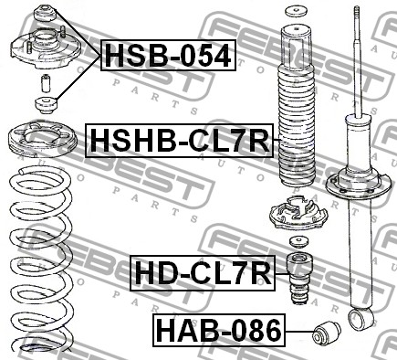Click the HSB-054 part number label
pyautogui.click(x=168, y=56)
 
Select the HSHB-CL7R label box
pyautogui.click(x=180, y=141)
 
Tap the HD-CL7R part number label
pyautogui.click(x=203, y=273)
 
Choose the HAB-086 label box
pyautogui.click(x=219, y=331)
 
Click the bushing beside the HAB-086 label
pyautogui.click(x=327, y=333)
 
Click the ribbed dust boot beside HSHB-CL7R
pyautogui.click(x=298, y=107)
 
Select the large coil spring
pyautogui.click(x=41, y=259)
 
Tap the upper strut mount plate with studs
pyautogui.click(x=46, y=48)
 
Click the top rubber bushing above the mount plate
pyautogui.click(x=45, y=13)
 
